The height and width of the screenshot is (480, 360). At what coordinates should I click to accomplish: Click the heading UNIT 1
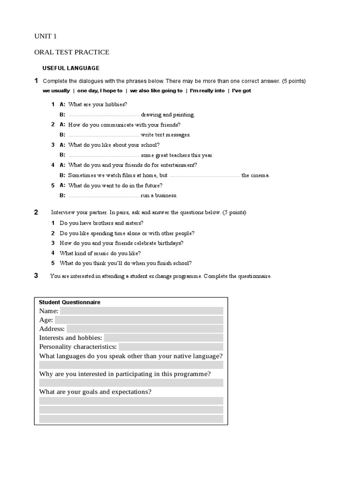45,36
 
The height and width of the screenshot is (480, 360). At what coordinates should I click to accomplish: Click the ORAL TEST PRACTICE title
72,52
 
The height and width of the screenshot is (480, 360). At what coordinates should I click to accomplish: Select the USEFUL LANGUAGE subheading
71,68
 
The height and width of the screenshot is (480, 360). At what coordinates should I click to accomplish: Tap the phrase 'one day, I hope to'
100,90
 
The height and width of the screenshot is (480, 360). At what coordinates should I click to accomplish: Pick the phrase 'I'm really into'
207,90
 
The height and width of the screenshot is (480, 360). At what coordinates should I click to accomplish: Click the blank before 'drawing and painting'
104,115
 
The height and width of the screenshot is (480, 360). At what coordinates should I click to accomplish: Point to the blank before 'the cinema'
204,176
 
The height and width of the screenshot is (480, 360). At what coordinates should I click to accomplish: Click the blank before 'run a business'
104,196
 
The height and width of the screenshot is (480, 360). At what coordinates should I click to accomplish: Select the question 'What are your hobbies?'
97,105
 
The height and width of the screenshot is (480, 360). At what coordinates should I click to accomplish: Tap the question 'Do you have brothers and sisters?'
101,223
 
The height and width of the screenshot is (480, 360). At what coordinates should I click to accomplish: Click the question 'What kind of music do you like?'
100,253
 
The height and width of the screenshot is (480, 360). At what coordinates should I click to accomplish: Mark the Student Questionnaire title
69,302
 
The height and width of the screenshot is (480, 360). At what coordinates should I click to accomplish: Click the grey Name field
142,311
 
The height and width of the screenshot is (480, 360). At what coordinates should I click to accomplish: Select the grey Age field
139,320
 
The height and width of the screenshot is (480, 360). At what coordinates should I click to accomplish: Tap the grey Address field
145,329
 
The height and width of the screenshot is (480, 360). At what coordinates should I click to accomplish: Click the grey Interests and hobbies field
164,337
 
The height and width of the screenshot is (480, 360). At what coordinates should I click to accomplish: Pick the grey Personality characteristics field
171,347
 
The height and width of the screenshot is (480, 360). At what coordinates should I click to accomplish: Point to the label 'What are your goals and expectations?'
95,392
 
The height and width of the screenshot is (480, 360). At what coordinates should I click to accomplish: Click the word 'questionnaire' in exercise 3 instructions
255,276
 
